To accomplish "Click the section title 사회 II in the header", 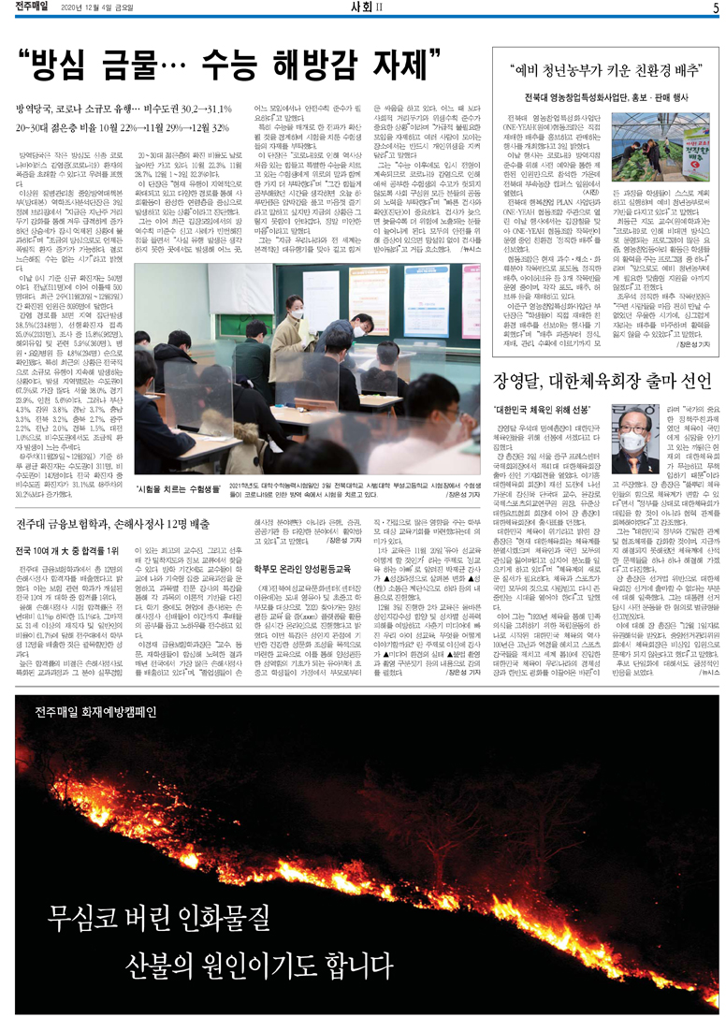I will [x=361, y=8].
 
